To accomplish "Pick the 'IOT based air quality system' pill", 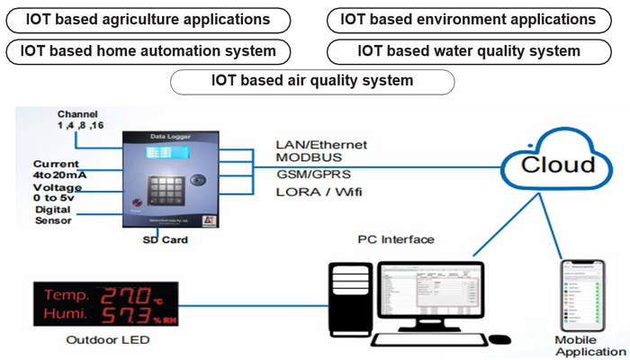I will pyautogui.click(x=312, y=80).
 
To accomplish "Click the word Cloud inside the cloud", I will pyautogui.click(x=558, y=165).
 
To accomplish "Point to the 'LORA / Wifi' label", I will pyautogui.click(x=312, y=191).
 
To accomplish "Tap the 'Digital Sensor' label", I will pyautogui.click(x=53, y=215).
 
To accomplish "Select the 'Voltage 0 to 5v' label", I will pyautogui.click(x=57, y=193).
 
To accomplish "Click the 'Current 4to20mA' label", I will pyautogui.click(x=56, y=170).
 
